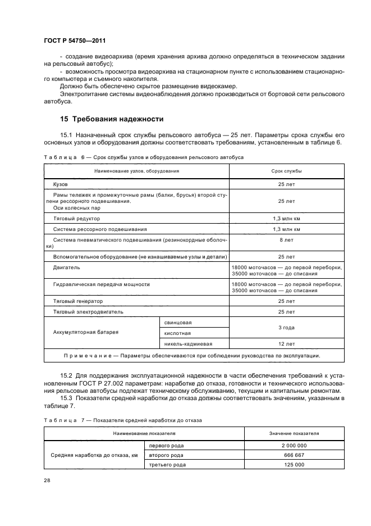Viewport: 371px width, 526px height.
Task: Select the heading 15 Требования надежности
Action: [x=112, y=119]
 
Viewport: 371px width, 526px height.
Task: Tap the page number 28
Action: [x=47, y=480]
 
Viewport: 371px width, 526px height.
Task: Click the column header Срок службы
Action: [x=286, y=170]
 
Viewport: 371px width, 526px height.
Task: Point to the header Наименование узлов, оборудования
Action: [x=136, y=170]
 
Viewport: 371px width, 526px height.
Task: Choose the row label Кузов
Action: [x=60, y=184]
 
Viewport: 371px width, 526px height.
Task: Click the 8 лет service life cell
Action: [x=286, y=239]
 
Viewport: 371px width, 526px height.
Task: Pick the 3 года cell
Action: [x=286, y=328]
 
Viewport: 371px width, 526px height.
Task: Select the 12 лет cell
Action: [x=286, y=343]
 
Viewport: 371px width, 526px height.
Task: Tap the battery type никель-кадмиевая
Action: [x=187, y=343]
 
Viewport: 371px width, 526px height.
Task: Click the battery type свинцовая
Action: [x=178, y=323]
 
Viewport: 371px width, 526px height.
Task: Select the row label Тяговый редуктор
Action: [x=76, y=219]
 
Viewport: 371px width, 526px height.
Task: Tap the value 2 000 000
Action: [x=294, y=446]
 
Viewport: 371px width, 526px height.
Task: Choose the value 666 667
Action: [x=294, y=455]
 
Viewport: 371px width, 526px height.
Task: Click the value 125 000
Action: [x=294, y=465]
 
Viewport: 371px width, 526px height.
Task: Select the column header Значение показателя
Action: [x=294, y=434]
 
